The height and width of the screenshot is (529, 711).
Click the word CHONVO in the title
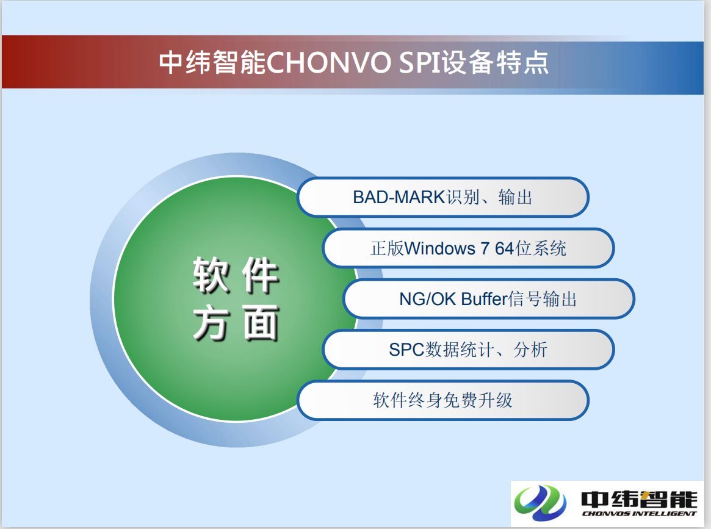click(328, 63)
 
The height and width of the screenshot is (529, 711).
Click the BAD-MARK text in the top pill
click(399, 197)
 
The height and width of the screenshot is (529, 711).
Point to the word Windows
click(439, 248)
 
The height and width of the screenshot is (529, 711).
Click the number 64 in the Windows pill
click(503, 248)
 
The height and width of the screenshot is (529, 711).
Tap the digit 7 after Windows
click(485, 248)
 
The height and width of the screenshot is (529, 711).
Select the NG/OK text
click(427, 299)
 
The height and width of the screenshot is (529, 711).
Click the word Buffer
click(485, 299)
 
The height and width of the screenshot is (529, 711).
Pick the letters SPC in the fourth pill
click(406, 350)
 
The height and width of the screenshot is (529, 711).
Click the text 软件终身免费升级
click(442, 400)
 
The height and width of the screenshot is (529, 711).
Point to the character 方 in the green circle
click(211, 323)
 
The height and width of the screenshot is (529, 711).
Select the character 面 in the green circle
click(260, 323)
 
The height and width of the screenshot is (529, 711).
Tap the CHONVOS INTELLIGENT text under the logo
click(639, 514)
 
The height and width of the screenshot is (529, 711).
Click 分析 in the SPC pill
click(530, 350)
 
